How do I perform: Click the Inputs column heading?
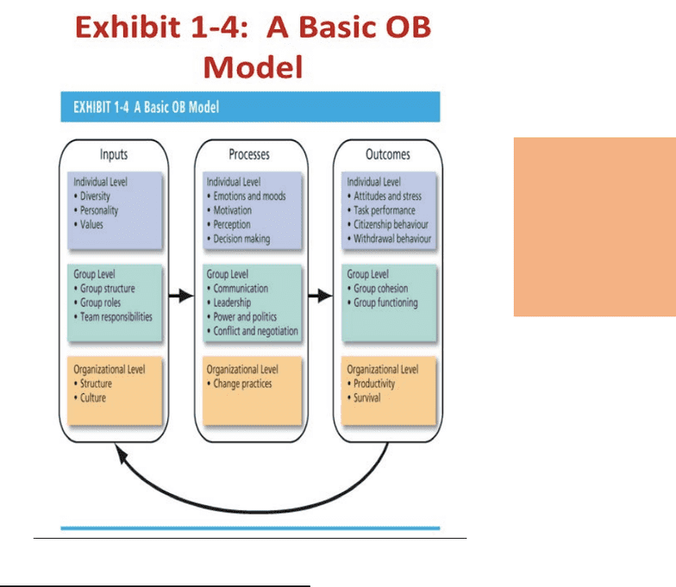click(x=114, y=154)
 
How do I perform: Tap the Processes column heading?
click(x=249, y=154)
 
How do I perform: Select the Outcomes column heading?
click(x=388, y=154)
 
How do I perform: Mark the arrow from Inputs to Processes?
click(x=181, y=296)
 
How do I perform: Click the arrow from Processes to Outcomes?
click(x=321, y=296)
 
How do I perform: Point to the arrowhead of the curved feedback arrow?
click(x=121, y=453)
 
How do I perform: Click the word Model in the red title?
click(x=253, y=67)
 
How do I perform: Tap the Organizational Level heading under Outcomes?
click(x=383, y=369)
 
